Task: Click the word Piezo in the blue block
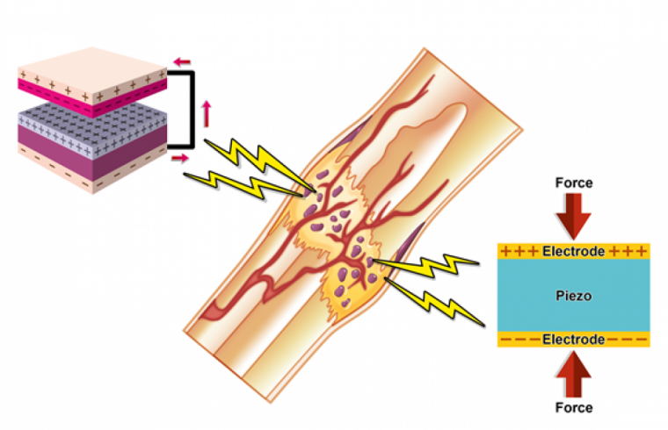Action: click(x=573, y=296)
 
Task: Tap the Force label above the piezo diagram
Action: click(x=573, y=183)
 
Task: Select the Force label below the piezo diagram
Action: click(x=573, y=407)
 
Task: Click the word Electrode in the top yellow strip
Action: click(x=573, y=252)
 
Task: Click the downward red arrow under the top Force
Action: click(x=573, y=214)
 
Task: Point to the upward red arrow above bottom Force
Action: click(x=573, y=374)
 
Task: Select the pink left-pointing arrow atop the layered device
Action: click(x=182, y=61)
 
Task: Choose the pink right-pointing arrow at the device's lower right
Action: click(x=178, y=158)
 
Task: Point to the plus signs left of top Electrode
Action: click(x=519, y=252)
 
